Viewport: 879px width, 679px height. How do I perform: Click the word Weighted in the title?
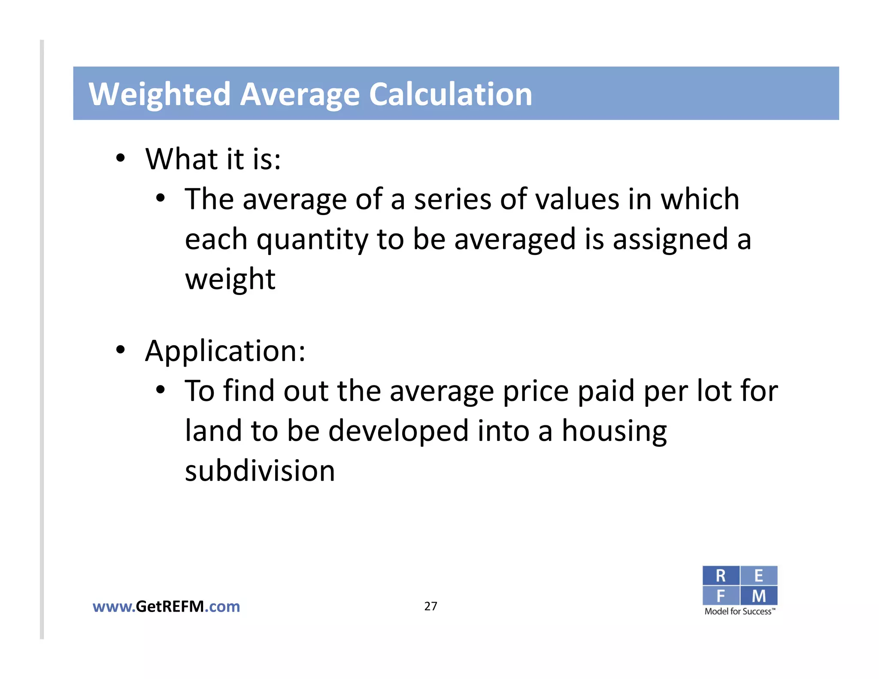160,94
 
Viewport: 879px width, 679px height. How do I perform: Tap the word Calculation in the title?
451,94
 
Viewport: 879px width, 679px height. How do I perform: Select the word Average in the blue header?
300,94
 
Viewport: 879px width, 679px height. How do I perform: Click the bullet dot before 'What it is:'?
121,158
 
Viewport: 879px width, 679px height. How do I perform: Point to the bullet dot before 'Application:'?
121,350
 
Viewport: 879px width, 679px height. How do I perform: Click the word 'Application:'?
225,351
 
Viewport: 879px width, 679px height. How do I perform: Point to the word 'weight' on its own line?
230,279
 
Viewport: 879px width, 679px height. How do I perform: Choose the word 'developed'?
398,431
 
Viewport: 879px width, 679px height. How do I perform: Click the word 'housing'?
614,431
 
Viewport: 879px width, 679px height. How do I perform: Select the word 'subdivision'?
260,471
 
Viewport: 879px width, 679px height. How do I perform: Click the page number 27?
430,606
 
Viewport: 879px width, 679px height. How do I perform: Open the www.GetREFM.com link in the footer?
166,606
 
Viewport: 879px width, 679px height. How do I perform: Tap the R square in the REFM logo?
721,576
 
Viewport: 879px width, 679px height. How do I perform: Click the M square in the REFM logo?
759,596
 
